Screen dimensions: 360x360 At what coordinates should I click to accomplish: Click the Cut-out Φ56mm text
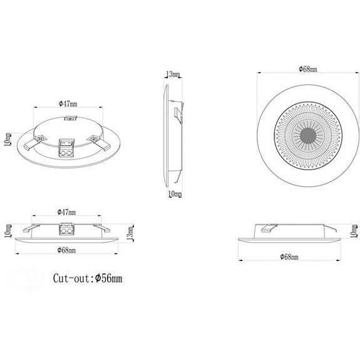(x=88, y=278)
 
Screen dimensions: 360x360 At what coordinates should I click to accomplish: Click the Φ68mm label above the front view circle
(x=308, y=69)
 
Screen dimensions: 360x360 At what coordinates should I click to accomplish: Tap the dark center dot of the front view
(x=308, y=136)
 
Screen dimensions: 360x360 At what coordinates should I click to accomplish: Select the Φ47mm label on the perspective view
(x=68, y=104)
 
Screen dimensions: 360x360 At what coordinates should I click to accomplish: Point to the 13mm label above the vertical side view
(x=173, y=75)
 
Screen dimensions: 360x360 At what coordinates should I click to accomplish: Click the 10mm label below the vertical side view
(x=175, y=194)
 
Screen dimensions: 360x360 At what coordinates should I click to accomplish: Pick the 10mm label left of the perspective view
(x=8, y=140)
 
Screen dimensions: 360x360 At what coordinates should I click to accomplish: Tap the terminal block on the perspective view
(x=66, y=148)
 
